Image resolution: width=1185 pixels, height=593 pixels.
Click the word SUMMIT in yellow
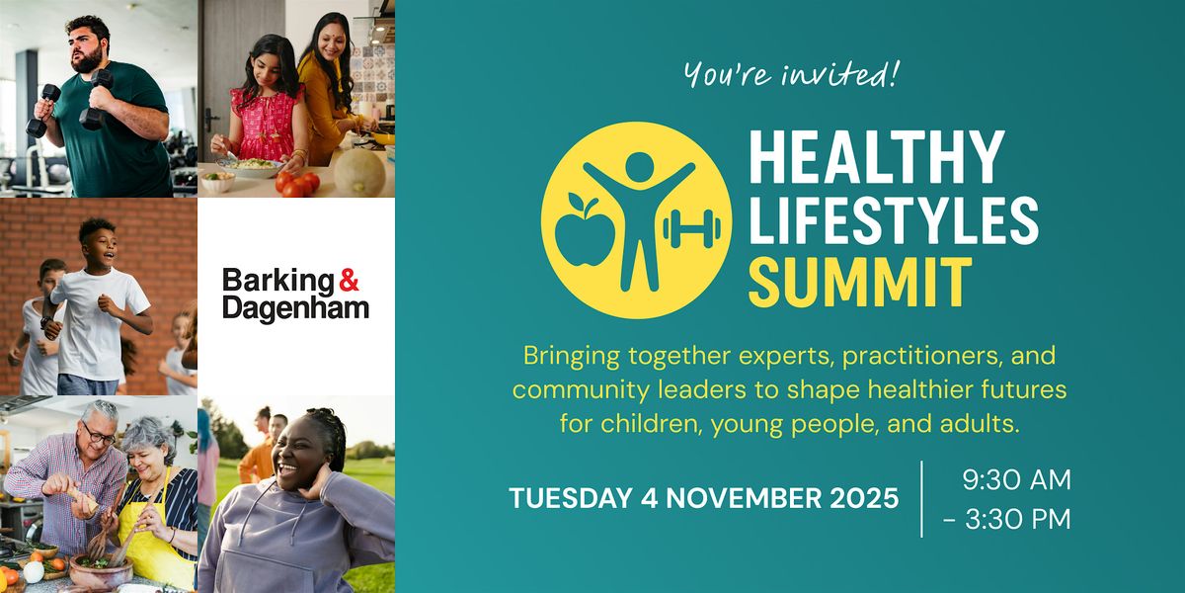[861, 282]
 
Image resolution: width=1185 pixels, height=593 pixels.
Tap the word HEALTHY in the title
[877, 157]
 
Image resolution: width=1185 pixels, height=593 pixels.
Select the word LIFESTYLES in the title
[894, 219]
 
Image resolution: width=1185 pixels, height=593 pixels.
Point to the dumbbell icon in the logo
[691, 228]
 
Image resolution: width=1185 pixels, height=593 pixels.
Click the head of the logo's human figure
[640, 166]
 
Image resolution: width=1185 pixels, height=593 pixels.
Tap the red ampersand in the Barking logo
[349, 280]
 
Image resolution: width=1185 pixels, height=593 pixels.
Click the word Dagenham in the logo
[295, 308]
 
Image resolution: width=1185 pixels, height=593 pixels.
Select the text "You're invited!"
[791, 74]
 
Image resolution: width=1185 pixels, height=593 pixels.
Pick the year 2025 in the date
[864, 498]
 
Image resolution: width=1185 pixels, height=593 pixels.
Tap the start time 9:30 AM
[1016, 479]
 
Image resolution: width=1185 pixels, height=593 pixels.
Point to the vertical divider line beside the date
[922, 499]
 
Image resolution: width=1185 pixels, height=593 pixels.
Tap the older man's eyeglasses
[99, 435]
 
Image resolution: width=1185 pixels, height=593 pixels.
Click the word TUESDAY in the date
[571, 498]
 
